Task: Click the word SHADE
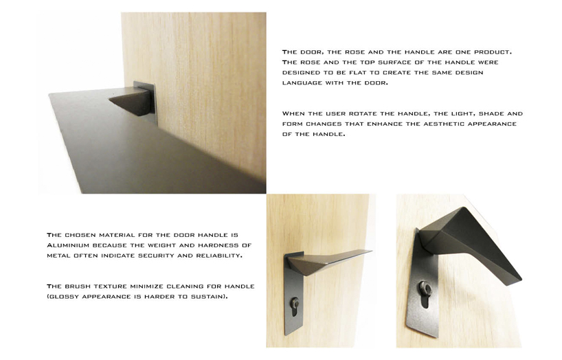pos(491,113)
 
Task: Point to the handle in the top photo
pos(130,100)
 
